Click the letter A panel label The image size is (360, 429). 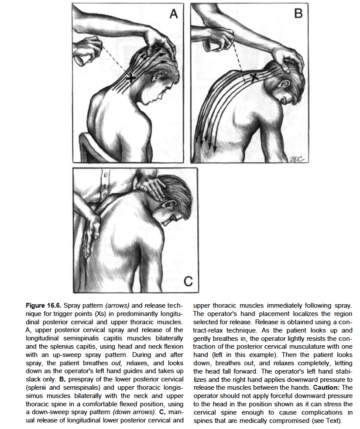tap(174, 14)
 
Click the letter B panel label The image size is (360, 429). tap(298, 14)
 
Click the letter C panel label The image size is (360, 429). tap(188, 282)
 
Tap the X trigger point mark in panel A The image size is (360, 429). tap(130, 78)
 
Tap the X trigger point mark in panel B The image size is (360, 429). tap(254, 78)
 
